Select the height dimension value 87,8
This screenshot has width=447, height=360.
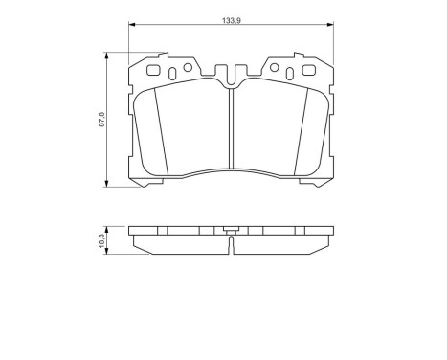click(x=98, y=120)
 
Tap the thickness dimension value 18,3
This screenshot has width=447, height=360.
click(x=98, y=239)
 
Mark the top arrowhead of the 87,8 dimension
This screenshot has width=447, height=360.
click(x=105, y=56)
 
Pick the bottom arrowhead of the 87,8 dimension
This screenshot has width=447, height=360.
click(x=105, y=185)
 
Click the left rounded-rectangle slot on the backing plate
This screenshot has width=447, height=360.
click(x=153, y=69)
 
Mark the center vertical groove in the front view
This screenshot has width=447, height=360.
click(x=231, y=134)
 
